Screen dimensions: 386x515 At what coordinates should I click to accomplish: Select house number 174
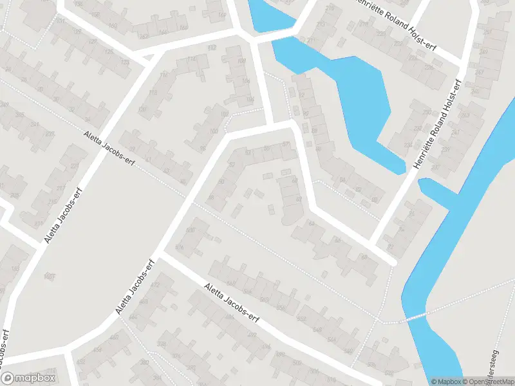tap(191, 60)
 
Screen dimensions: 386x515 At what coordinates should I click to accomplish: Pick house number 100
tap(213, 131)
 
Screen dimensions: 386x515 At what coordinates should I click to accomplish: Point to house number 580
tap(189, 230)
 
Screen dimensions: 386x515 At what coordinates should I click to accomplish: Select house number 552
tap(301, 318)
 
